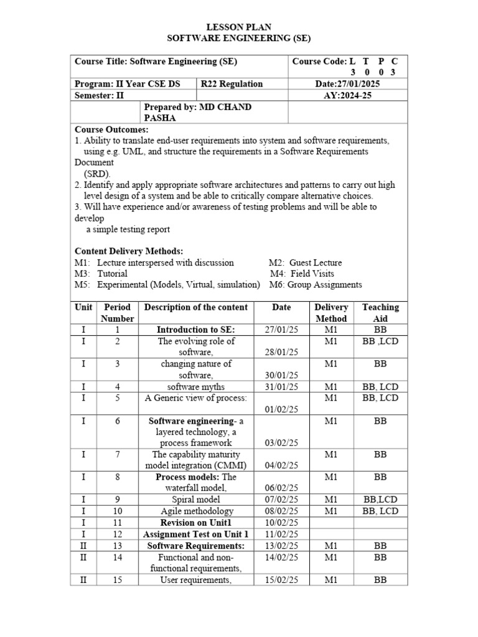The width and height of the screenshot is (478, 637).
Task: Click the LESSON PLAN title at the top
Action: [239, 27]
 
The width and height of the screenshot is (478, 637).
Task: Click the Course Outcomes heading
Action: [111, 129]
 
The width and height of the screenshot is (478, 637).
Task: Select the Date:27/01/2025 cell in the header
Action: [347, 84]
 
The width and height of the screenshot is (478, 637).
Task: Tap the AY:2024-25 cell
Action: [347, 96]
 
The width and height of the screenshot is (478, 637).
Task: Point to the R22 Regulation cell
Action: [232, 84]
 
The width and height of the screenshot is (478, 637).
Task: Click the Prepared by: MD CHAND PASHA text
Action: [197, 113]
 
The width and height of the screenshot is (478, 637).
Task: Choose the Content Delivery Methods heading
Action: [129, 251]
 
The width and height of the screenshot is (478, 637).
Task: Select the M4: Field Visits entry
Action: [302, 274]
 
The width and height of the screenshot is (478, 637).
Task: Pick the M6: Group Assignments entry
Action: [316, 285]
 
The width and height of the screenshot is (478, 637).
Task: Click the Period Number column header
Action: [117, 313]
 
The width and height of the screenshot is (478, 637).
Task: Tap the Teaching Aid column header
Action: [380, 313]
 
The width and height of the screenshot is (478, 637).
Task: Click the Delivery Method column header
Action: [331, 313]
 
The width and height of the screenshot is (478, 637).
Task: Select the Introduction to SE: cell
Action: [195, 330]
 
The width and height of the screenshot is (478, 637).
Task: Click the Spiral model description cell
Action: [195, 500]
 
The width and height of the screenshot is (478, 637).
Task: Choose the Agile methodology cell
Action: [195, 511]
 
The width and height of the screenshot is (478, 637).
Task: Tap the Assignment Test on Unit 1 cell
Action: [195, 534]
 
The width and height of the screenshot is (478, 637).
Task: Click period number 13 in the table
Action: [117, 546]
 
